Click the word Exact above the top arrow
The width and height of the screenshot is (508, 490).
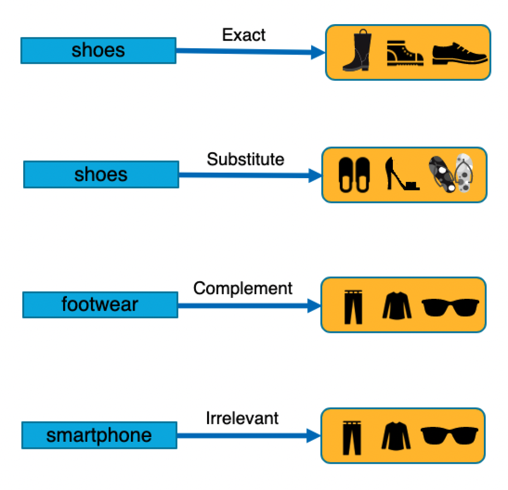coord(244,35)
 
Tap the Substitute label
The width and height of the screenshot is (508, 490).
coord(245,160)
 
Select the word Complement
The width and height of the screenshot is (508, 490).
coord(243,289)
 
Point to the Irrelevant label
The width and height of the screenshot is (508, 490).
coord(242,418)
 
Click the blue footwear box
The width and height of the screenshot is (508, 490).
coord(100,305)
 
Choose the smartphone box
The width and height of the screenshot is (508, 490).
coord(99,435)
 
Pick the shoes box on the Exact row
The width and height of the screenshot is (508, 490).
coord(98,50)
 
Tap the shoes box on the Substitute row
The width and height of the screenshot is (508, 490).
coord(101,174)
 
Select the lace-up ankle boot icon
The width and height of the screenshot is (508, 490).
coord(404,54)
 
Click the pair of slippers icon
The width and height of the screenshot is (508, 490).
coord(354,174)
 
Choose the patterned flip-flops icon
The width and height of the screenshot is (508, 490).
coord(451,173)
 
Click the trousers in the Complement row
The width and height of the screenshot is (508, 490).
coord(353,307)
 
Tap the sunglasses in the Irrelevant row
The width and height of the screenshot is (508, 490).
coord(449,436)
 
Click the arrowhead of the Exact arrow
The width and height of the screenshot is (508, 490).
coord(318,52)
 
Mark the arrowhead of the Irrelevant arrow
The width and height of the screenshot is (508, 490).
coord(314,435)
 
